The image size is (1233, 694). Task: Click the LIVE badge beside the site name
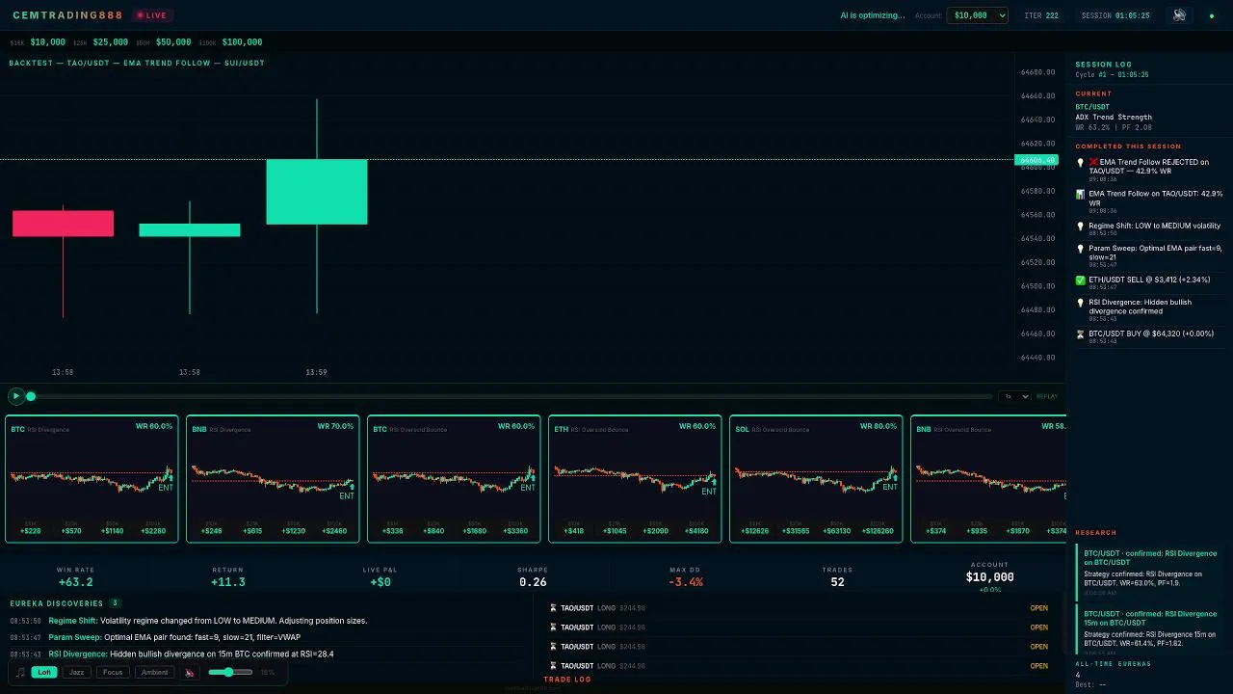pyautogui.click(x=152, y=15)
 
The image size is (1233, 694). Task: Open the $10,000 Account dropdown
pyautogui.click(x=977, y=15)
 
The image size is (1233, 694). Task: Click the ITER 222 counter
pyautogui.click(x=1040, y=15)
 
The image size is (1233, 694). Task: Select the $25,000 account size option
pyautogui.click(x=110, y=42)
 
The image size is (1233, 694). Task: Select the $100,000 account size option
pyautogui.click(x=241, y=42)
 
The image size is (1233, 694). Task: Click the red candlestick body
pyautogui.click(x=63, y=224)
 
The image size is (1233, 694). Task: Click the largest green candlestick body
pyautogui.click(x=316, y=192)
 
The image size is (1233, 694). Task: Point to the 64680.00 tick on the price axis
pyautogui.click(x=1037, y=72)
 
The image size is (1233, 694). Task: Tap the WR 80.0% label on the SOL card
pyautogui.click(x=879, y=426)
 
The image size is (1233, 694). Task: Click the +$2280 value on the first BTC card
pyautogui.click(x=154, y=531)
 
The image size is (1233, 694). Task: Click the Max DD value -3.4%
pyautogui.click(x=686, y=582)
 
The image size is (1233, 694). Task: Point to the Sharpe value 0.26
pyautogui.click(x=533, y=582)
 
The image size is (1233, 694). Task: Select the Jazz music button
pyautogui.click(x=77, y=672)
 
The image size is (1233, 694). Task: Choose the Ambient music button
pyautogui.click(x=154, y=672)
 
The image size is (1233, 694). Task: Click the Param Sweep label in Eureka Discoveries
pyautogui.click(x=73, y=637)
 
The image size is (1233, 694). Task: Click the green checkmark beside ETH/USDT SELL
pyautogui.click(x=1081, y=280)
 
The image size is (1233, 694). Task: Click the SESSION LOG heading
pyautogui.click(x=1103, y=65)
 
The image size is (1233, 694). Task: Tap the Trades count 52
pyautogui.click(x=837, y=582)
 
